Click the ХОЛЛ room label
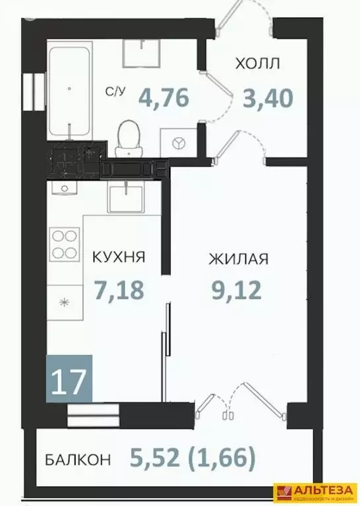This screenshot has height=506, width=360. (258, 64)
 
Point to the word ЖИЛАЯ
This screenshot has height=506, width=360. (238, 258)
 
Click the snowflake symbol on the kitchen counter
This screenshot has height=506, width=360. (64, 302)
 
